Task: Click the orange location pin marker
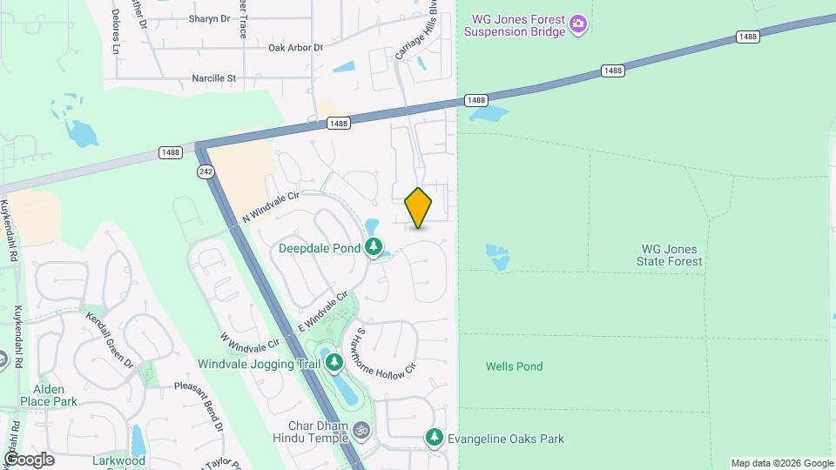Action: click(x=419, y=208)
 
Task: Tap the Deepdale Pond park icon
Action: click(x=374, y=248)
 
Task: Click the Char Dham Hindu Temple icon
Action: click(x=361, y=430)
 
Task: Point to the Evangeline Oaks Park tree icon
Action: click(x=434, y=438)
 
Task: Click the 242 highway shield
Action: click(x=203, y=171)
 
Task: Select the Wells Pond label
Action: click(x=514, y=366)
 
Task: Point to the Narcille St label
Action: click(x=214, y=78)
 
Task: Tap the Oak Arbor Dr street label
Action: click(x=295, y=48)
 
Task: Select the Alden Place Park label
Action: click(x=54, y=395)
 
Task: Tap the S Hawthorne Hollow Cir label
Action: click(x=388, y=352)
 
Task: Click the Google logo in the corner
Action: click(x=29, y=460)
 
